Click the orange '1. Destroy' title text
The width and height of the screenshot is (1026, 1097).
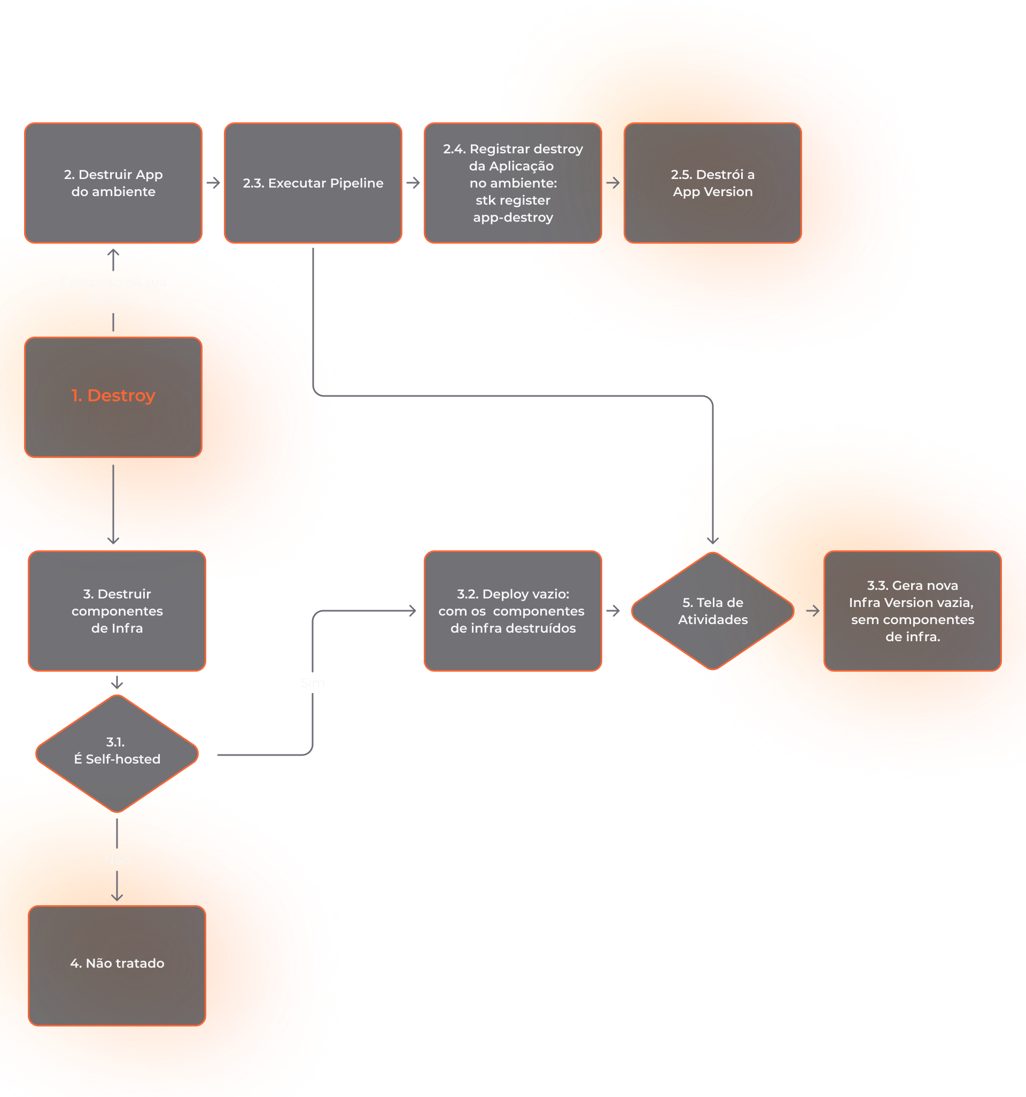tap(113, 395)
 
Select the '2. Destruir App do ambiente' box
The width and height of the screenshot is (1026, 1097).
tap(113, 183)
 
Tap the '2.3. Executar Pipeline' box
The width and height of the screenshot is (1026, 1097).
tap(313, 183)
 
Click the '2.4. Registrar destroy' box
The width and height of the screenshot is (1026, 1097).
tap(512, 183)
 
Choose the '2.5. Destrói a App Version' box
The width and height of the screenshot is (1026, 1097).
tap(712, 183)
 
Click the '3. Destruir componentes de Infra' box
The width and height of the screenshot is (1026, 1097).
tap(117, 611)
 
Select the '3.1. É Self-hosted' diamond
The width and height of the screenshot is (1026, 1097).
tap(117, 753)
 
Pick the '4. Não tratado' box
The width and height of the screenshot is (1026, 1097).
tap(117, 965)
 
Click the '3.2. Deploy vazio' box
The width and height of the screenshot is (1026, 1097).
tap(512, 611)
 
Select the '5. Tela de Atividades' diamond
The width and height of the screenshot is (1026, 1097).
tap(712, 611)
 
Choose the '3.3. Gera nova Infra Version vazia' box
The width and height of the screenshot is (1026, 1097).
tap(912, 611)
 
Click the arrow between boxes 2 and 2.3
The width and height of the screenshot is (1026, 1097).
tap(214, 183)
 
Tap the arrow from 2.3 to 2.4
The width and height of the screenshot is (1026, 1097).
tap(414, 183)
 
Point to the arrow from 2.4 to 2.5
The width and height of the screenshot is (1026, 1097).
tap(613, 183)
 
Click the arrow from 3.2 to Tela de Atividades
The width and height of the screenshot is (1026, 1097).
tap(613, 611)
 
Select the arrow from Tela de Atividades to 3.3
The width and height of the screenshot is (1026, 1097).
tap(812, 611)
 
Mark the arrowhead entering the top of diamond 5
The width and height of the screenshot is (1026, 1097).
tap(712, 540)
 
